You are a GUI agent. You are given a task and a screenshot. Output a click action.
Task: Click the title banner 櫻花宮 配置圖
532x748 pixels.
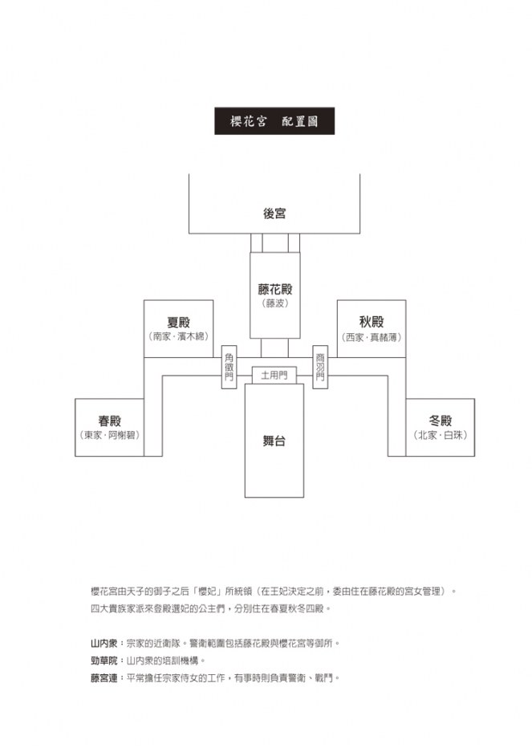point(274,121)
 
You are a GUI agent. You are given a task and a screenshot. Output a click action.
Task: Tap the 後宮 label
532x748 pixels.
point(274,213)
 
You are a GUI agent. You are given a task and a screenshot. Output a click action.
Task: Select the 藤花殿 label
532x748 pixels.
point(275,289)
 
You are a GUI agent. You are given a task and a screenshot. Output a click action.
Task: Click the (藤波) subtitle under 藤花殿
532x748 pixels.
point(275,303)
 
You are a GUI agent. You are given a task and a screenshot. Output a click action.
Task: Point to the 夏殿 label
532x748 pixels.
point(178,323)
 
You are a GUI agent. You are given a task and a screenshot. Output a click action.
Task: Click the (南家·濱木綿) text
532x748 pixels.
point(178,336)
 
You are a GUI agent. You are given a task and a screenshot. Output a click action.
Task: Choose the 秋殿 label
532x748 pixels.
point(372,322)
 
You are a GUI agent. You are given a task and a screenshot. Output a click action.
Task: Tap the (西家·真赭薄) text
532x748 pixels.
point(372,337)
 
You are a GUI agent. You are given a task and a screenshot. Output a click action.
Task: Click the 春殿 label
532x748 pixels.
point(109,421)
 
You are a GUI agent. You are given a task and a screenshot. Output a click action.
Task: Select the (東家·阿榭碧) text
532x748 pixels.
point(109,435)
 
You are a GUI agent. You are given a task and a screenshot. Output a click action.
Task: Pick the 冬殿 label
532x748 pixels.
point(440,421)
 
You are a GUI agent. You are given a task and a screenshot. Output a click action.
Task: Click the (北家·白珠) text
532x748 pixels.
point(440,435)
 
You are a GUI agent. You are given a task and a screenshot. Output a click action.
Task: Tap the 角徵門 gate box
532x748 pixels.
point(229,367)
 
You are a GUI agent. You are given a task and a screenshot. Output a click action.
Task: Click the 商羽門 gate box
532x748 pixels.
point(320,367)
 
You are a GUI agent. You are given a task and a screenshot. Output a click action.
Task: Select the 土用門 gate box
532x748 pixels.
point(274,376)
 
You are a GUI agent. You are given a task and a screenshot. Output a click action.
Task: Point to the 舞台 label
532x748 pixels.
point(274,441)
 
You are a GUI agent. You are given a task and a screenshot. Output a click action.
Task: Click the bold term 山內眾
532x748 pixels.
point(104,643)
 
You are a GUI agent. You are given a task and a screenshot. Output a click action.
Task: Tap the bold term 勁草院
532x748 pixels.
point(104,661)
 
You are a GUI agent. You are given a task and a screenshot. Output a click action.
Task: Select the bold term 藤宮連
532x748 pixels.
point(104,678)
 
